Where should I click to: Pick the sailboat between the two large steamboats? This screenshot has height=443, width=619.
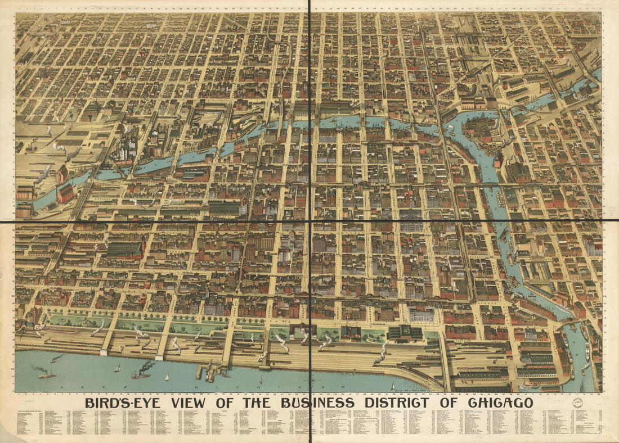(118, 368)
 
